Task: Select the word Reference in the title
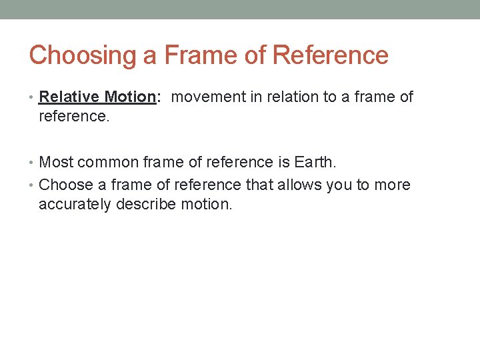[x=331, y=55]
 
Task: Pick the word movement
[x=209, y=97]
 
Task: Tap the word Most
[x=56, y=161]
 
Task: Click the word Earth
[x=314, y=161]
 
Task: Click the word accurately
[x=75, y=204]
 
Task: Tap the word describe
[x=146, y=204]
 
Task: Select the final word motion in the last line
[x=207, y=204]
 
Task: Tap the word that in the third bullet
[x=275, y=185]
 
